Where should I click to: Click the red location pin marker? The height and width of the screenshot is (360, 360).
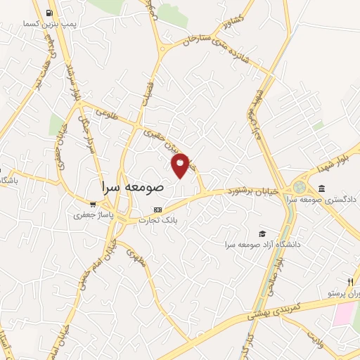point(181,165)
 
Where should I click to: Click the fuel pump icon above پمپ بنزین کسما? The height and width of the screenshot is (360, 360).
point(49,13)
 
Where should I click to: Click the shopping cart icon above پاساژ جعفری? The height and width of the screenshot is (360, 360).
point(86,205)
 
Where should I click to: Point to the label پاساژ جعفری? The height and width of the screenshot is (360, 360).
point(89,215)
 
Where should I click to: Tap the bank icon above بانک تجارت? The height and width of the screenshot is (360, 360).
point(157,209)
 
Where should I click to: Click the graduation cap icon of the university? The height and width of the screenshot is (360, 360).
point(262,233)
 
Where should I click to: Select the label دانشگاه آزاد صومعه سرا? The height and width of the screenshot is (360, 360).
point(262,244)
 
